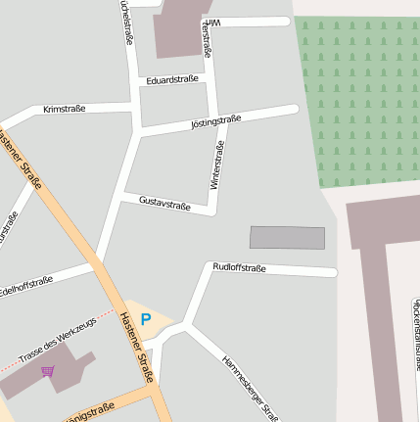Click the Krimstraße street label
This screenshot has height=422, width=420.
[65, 110]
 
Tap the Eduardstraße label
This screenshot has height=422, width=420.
[171, 79]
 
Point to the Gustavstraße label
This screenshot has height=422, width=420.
[163, 204]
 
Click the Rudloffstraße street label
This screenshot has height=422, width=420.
[239, 266]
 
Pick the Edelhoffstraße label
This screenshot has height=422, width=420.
[26, 286]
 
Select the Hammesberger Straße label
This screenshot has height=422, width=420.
[251, 387]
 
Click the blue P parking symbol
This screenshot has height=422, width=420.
[146, 319]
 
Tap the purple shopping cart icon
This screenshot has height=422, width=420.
[48, 371]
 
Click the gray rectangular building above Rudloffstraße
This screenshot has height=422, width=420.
[287, 238]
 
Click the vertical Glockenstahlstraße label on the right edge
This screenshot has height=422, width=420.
[415, 333]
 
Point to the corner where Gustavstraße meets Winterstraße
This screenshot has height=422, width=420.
[212, 210]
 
